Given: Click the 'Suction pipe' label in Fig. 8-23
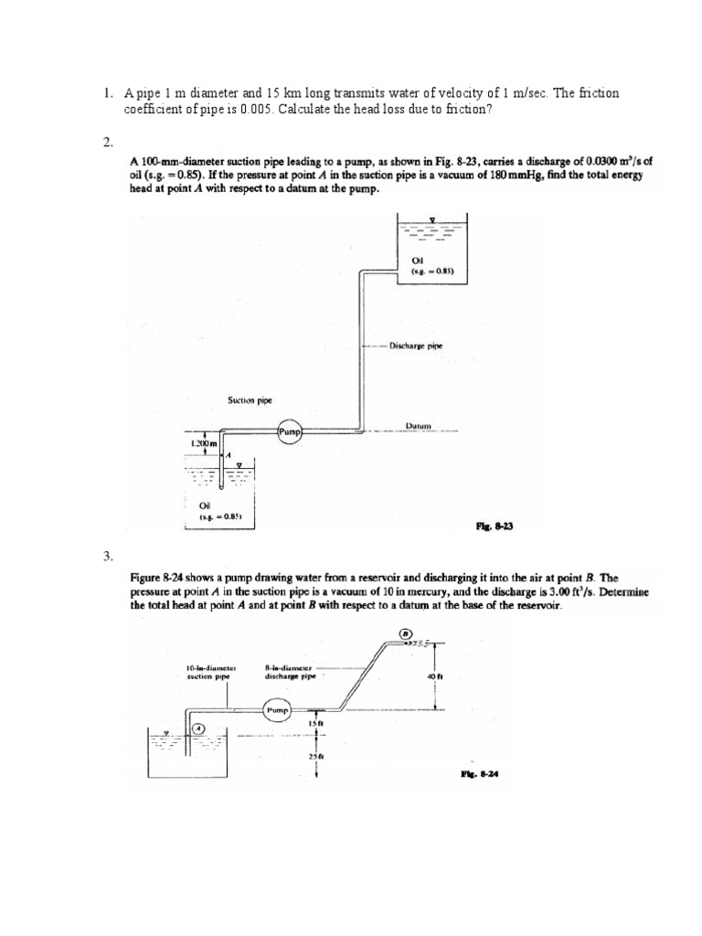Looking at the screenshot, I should click(x=250, y=399).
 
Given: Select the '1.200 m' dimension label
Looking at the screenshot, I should click(x=201, y=443).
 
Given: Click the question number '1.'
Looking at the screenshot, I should click(x=107, y=92).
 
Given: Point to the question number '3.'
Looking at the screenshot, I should click(x=107, y=556).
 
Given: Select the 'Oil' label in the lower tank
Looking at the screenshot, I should click(x=205, y=504).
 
